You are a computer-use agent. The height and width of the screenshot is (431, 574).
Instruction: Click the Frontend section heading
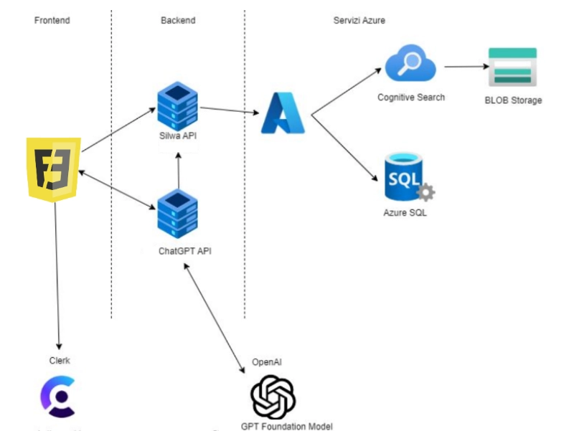click(x=52, y=21)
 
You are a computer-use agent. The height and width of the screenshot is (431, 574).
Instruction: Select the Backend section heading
click(x=177, y=21)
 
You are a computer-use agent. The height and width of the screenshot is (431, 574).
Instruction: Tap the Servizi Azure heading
click(x=359, y=21)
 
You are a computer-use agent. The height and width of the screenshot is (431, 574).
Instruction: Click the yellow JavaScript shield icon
click(x=54, y=169)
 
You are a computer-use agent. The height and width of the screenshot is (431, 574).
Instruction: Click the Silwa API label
click(x=177, y=136)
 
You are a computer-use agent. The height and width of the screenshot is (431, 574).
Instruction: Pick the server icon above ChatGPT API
click(x=177, y=214)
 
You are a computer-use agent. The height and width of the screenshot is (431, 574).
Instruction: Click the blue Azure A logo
click(x=283, y=113)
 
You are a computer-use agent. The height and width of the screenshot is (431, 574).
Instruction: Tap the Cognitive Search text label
click(x=411, y=97)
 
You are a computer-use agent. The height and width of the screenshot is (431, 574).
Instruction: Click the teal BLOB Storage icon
click(x=512, y=67)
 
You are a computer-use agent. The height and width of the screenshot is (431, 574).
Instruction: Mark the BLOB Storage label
click(x=513, y=100)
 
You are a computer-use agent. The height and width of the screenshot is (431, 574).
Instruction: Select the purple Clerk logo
click(x=57, y=397)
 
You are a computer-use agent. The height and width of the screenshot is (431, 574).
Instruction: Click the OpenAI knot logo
click(x=273, y=397)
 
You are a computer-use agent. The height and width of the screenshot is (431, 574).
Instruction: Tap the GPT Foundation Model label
click(x=287, y=426)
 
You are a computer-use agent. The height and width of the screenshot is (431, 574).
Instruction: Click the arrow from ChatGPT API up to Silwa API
click(x=177, y=169)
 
